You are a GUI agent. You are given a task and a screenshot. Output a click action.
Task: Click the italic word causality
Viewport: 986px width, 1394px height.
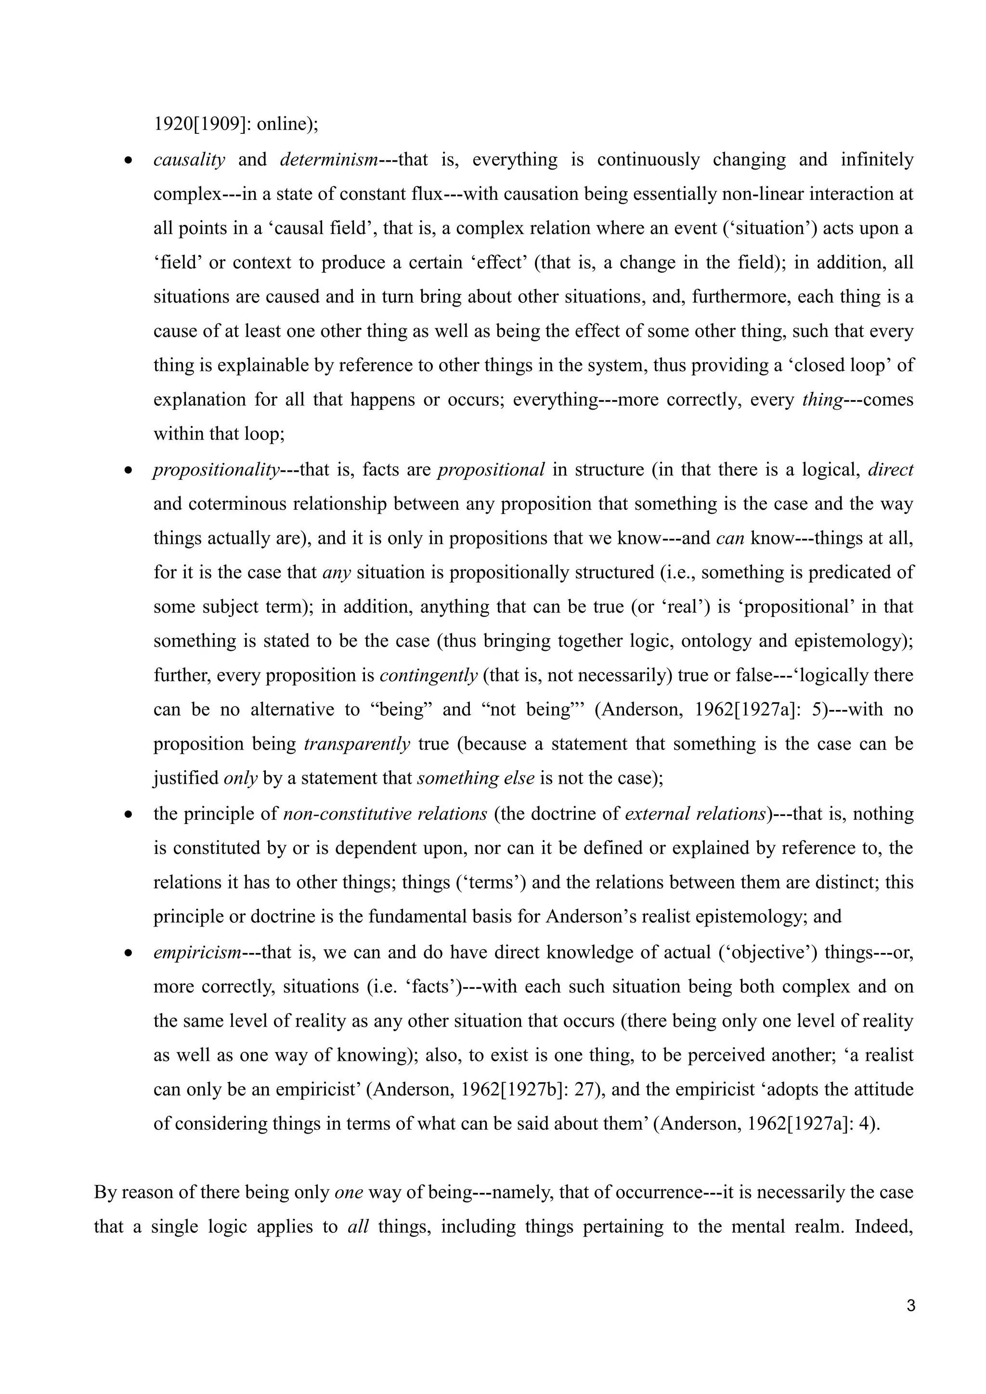(x=189, y=160)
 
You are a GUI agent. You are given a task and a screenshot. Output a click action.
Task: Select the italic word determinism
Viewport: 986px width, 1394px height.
(x=328, y=160)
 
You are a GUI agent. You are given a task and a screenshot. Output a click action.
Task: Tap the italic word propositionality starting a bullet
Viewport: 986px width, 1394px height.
(x=216, y=470)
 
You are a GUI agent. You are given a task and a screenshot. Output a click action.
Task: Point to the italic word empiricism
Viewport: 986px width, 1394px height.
(x=197, y=952)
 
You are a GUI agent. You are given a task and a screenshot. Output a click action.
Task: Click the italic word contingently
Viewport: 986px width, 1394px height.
(x=428, y=676)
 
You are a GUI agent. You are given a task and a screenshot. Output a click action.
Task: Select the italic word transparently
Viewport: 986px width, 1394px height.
(x=357, y=744)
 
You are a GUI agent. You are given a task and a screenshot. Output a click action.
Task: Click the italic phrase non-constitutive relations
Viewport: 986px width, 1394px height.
(x=385, y=813)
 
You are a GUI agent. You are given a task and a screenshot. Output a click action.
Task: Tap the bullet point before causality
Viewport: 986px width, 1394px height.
(x=128, y=161)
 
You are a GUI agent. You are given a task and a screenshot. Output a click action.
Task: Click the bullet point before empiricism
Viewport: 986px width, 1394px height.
(x=128, y=953)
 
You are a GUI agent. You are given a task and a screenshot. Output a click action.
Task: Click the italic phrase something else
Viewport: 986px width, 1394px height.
(x=475, y=778)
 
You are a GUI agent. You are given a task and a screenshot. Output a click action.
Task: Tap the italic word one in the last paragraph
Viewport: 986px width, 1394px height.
(x=349, y=1192)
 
